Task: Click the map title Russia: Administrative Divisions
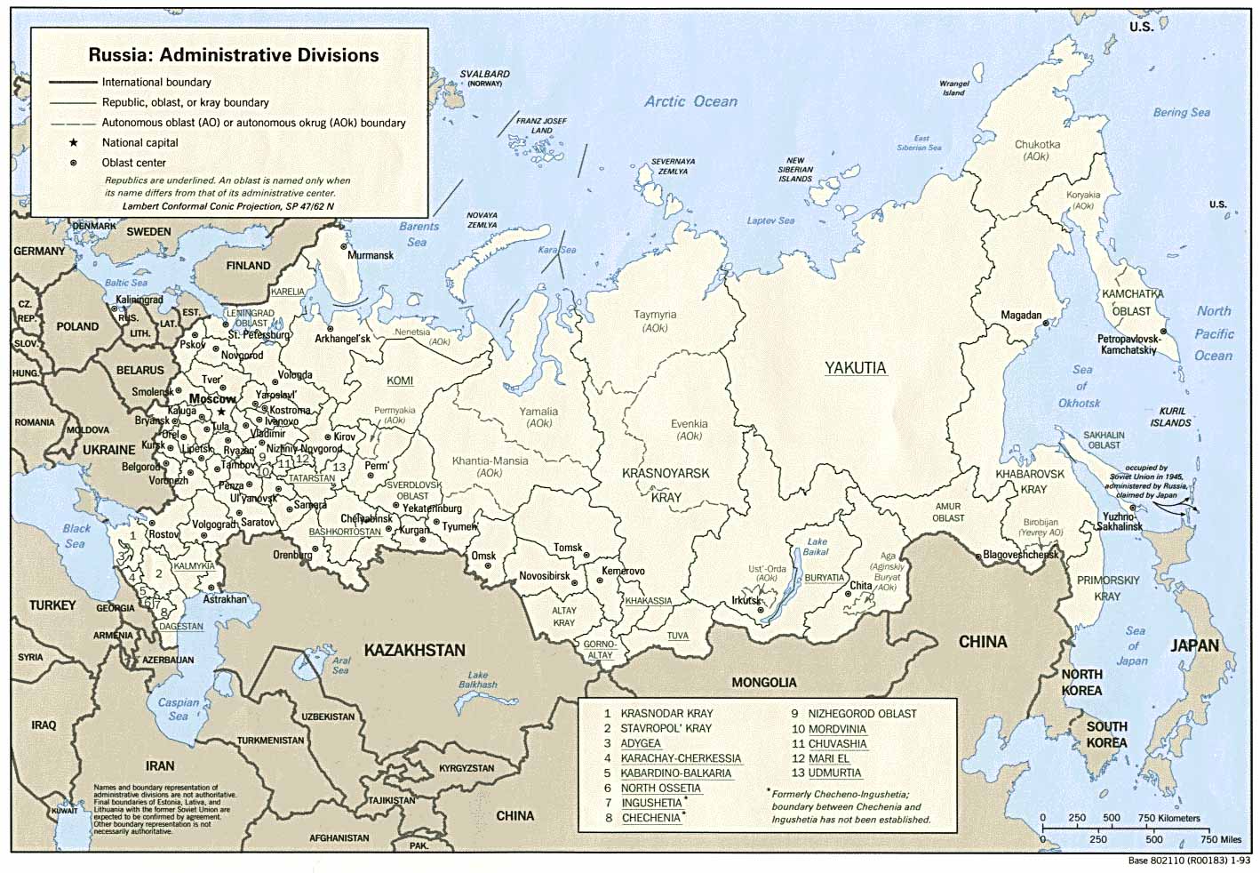click(x=233, y=55)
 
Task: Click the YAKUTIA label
click(x=855, y=368)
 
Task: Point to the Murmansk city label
click(x=370, y=255)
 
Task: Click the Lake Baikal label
click(x=817, y=547)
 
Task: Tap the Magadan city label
click(x=1021, y=316)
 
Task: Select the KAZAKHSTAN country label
click(x=414, y=651)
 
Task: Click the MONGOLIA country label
click(x=763, y=683)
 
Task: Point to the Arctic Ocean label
click(x=690, y=101)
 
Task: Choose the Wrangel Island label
click(x=954, y=88)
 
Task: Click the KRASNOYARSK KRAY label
click(x=666, y=485)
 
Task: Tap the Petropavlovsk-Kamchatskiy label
click(x=1128, y=345)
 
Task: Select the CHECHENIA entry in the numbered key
click(x=650, y=818)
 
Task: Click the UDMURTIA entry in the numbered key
click(x=834, y=773)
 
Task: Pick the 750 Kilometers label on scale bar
click(x=1168, y=818)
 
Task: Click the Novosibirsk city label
click(x=545, y=576)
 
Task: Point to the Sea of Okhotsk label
click(x=1081, y=386)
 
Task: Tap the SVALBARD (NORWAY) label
click(x=484, y=78)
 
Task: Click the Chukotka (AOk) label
click(x=1037, y=149)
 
